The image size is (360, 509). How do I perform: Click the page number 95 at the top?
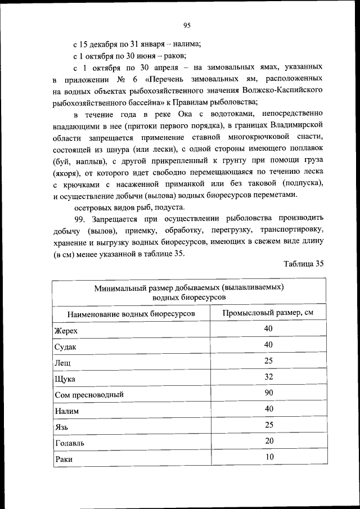click(x=187, y=24)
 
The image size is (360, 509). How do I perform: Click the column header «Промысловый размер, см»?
click(x=268, y=313)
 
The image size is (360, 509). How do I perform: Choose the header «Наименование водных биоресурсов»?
click(x=131, y=313)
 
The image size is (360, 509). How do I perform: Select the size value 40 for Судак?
click(x=268, y=345)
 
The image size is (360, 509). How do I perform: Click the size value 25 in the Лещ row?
click(x=268, y=361)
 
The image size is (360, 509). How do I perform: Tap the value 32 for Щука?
click(x=268, y=377)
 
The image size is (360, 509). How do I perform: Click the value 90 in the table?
click(x=268, y=393)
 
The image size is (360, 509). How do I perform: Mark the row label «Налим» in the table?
click(x=67, y=411)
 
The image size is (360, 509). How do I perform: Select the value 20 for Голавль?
click(x=268, y=441)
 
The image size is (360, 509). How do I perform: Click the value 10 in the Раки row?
click(x=268, y=457)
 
